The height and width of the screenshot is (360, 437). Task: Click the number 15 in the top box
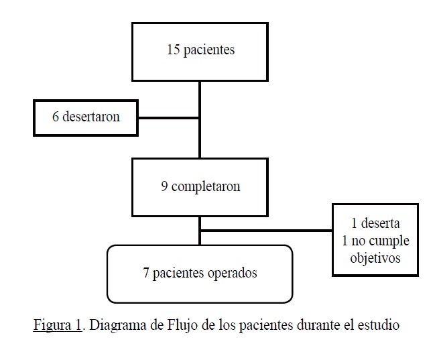(173, 50)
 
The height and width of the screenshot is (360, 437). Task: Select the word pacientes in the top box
(209, 50)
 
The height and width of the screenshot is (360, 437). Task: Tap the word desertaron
(91, 117)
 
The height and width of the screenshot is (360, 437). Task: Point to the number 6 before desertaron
(56, 117)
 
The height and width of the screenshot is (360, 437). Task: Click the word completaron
(206, 187)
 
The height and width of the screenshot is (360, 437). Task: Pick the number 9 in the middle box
(164, 186)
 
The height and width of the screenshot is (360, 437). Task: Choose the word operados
(232, 274)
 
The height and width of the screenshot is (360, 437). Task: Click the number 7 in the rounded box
(146, 273)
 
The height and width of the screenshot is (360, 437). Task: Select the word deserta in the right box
(380, 223)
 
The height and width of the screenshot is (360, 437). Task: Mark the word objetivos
(375, 258)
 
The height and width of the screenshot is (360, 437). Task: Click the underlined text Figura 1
(57, 325)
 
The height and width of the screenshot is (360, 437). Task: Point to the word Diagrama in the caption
(118, 325)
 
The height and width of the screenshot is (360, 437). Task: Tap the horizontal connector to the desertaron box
(169, 118)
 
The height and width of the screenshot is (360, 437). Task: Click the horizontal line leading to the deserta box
(267, 231)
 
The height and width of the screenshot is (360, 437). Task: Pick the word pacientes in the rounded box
(178, 274)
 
